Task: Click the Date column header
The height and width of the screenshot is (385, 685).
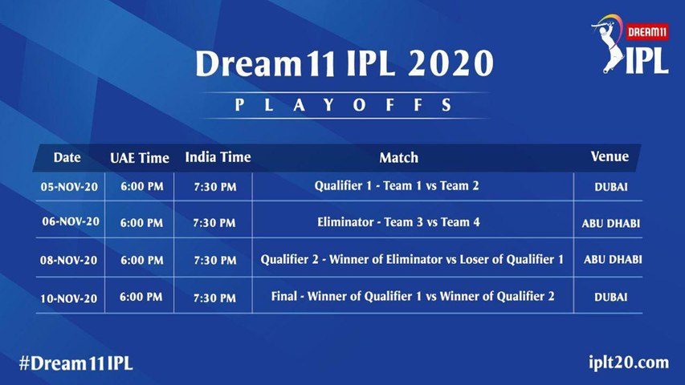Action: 67,157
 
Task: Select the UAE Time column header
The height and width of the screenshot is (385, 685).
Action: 140,157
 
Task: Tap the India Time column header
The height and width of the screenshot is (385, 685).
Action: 218,157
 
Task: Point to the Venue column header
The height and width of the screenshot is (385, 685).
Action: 610,156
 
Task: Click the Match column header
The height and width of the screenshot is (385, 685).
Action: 398,157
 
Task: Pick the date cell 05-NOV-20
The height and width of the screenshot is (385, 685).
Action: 69,187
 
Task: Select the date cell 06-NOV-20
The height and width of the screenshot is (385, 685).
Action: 71,221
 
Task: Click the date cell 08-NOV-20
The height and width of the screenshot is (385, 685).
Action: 68,260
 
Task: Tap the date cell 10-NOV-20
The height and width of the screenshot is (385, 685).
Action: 68,298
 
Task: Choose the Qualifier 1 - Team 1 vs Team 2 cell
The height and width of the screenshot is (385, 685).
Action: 397,186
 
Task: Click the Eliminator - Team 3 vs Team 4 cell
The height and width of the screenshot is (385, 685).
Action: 398,222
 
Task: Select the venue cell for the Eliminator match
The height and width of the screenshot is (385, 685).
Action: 611,224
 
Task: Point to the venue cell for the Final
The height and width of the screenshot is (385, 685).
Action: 611,298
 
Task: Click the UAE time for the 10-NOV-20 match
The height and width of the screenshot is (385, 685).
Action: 141,298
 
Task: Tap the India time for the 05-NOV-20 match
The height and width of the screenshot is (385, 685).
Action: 215,187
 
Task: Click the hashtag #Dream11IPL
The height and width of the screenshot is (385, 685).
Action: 75,363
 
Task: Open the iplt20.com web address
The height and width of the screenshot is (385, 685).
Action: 629,363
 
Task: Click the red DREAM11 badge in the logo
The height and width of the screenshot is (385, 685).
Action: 647,31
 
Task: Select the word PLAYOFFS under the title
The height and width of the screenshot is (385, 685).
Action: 343,105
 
